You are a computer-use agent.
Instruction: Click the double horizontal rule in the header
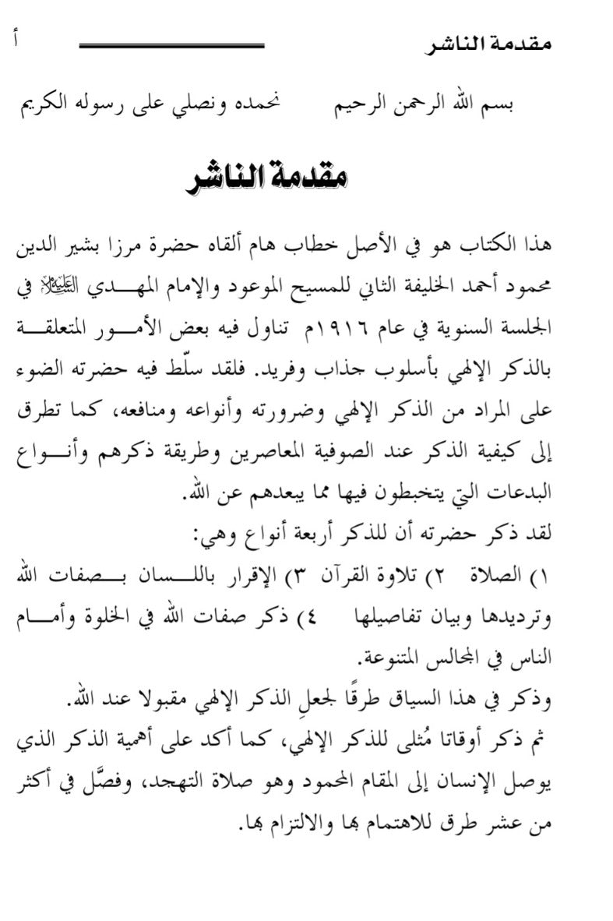tap(172, 46)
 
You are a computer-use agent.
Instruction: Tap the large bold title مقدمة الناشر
tap(268, 178)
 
